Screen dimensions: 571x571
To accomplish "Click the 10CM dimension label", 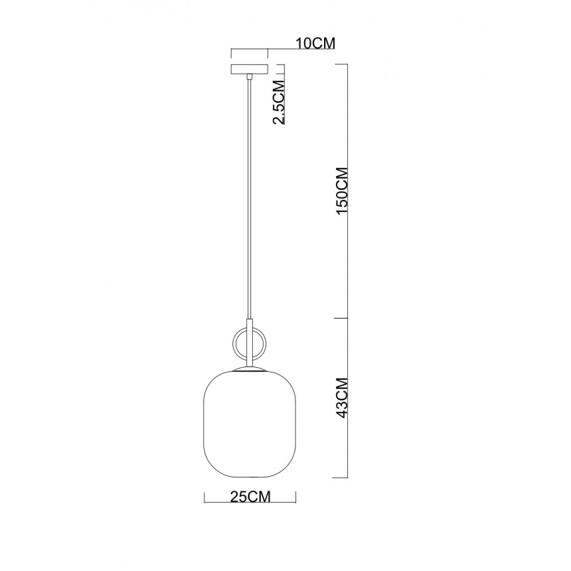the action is tap(315, 43).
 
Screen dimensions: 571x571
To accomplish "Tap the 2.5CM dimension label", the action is tap(279, 102).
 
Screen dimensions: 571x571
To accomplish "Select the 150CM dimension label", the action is tap(343, 191).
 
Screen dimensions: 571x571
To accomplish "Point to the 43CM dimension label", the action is tap(343, 398).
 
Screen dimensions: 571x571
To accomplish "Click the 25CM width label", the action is tap(250, 497).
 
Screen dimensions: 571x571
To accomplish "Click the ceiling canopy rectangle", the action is tap(250, 70).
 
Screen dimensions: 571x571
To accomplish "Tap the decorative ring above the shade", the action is tap(250, 343).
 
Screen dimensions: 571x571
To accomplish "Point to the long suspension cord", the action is tap(250, 199).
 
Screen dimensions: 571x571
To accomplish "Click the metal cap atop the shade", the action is tap(250, 369).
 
